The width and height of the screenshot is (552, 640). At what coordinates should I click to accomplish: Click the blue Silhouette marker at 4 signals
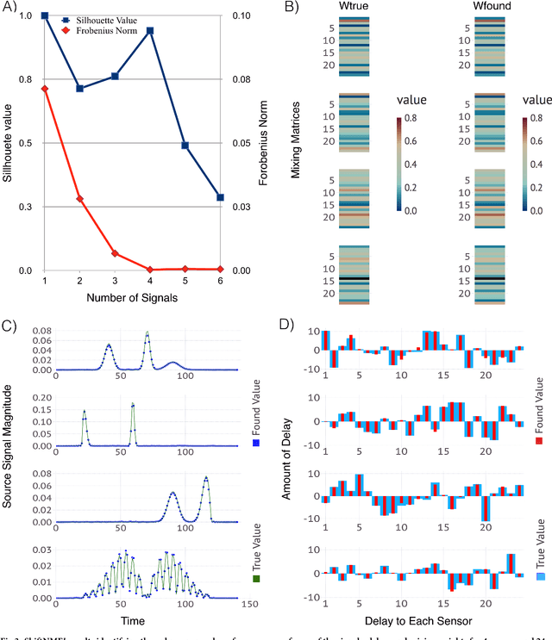150,31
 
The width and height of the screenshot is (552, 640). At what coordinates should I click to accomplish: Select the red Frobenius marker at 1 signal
44,89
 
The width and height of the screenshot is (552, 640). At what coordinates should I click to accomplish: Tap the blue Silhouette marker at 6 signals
220,197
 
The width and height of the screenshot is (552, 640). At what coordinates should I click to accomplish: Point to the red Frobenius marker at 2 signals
79,199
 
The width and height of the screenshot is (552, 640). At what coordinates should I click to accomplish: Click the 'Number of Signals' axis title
132,297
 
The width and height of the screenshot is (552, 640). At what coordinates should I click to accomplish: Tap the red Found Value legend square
541,441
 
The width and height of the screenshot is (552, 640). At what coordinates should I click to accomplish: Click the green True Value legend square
255,581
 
